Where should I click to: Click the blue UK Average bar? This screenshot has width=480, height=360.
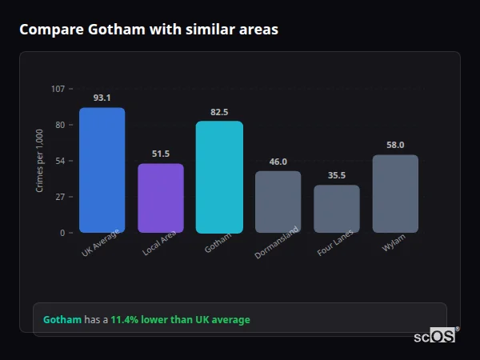click(102, 170)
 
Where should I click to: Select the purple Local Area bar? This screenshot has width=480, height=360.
click(161, 198)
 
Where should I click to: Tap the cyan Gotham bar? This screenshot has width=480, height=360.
click(219, 177)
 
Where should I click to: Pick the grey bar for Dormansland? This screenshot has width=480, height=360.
click(278, 202)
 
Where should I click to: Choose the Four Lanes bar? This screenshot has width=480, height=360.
click(337, 209)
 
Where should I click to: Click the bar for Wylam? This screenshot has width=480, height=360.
click(395, 194)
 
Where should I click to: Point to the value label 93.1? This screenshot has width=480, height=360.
click(102, 98)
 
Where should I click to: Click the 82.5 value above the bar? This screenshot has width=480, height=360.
click(219, 112)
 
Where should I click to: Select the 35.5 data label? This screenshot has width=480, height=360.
click(337, 175)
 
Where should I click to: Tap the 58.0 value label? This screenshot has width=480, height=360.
click(395, 145)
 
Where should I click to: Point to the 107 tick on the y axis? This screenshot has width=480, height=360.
click(58, 89)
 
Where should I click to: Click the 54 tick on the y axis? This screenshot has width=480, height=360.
click(59, 161)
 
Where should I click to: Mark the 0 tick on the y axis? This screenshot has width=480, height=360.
click(62, 233)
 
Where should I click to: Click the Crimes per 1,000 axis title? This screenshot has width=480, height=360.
click(40, 161)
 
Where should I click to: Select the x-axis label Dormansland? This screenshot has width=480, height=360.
click(278, 243)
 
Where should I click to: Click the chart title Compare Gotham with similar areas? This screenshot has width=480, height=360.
click(149, 30)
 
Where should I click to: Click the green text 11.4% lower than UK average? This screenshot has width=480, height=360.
click(180, 319)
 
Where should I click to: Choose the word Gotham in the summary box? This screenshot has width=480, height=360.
click(62, 319)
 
